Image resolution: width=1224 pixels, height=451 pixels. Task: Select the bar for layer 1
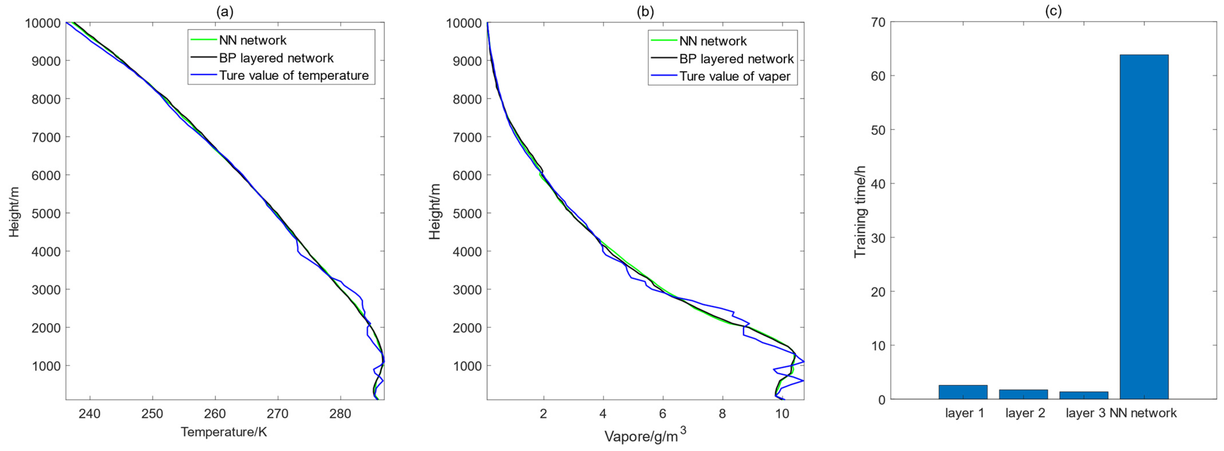tap(963, 392)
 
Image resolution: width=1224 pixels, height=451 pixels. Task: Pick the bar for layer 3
tap(1083, 395)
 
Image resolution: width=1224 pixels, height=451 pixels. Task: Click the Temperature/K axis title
tap(224, 432)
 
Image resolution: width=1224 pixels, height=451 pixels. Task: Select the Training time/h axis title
tap(860, 212)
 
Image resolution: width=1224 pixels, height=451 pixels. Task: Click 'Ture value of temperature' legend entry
tap(294, 76)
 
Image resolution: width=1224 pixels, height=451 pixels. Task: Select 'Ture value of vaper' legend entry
tap(734, 76)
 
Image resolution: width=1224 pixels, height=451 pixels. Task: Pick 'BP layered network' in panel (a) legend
tap(276, 58)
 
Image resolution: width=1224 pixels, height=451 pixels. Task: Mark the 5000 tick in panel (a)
tap(46, 213)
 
